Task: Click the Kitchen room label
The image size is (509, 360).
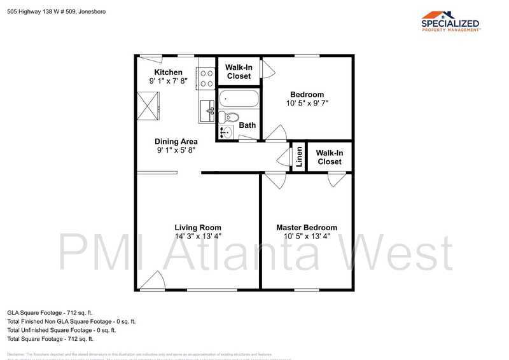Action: click(168, 73)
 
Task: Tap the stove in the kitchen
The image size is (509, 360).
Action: click(206, 78)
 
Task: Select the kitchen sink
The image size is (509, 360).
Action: click(206, 111)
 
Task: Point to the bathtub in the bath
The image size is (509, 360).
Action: click(239, 99)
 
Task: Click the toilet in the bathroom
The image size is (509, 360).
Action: click(228, 117)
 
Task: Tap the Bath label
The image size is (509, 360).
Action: click(248, 125)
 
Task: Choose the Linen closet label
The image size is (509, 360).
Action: click(299, 157)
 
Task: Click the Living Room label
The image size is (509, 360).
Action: click(198, 228)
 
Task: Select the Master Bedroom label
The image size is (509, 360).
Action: click(306, 228)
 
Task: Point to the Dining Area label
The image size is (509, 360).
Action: click(176, 142)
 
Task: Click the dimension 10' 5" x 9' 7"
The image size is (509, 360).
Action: click(307, 103)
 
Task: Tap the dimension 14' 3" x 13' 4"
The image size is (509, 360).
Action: click(198, 237)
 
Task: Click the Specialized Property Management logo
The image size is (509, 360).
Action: click(450, 21)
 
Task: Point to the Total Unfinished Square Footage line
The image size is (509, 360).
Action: click(62, 330)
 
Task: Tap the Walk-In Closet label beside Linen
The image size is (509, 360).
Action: click(329, 157)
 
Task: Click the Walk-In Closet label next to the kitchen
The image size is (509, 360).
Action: click(239, 72)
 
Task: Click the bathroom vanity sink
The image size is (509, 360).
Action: click(227, 133)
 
